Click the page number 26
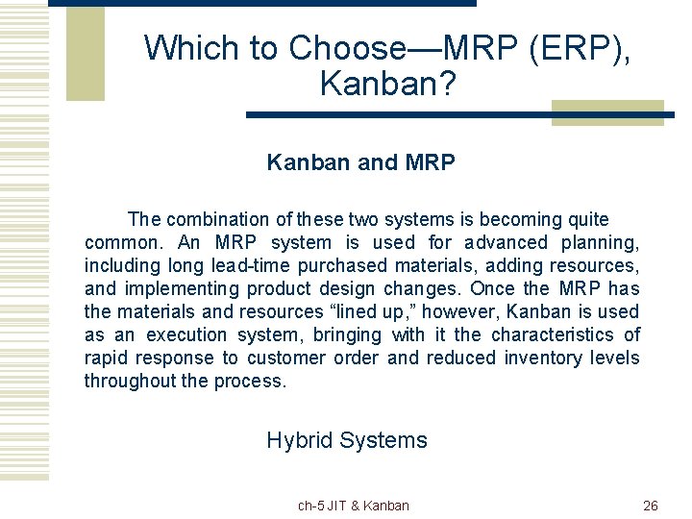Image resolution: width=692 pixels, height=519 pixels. coord(650,506)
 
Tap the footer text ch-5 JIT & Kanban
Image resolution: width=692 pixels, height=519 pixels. coord(353,506)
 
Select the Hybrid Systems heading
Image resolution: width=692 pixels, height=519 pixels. coord(346,440)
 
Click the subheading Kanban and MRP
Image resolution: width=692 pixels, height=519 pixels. coord(360,162)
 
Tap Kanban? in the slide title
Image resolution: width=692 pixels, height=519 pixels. coord(387,85)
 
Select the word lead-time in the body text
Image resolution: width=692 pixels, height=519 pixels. coord(247,265)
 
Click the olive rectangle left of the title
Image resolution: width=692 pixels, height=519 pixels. coord(85,53)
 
